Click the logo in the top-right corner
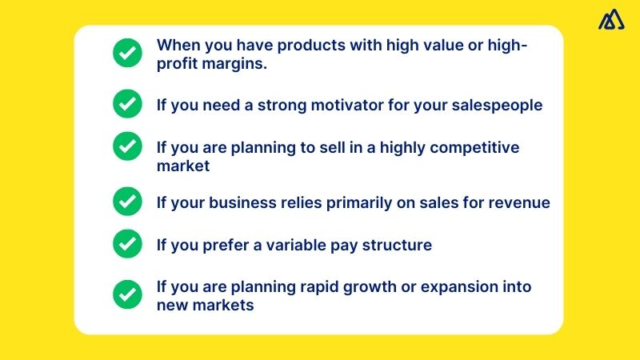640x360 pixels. point(612,20)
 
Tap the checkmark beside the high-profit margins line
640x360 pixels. point(126,54)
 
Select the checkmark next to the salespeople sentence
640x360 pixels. point(126,104)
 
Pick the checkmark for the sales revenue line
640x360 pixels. point(126,202)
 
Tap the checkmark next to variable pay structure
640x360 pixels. point(126,244)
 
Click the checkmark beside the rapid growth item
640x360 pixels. point(126,294)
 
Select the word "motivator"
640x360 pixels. point(346,105)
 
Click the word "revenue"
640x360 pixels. point(519,202)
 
